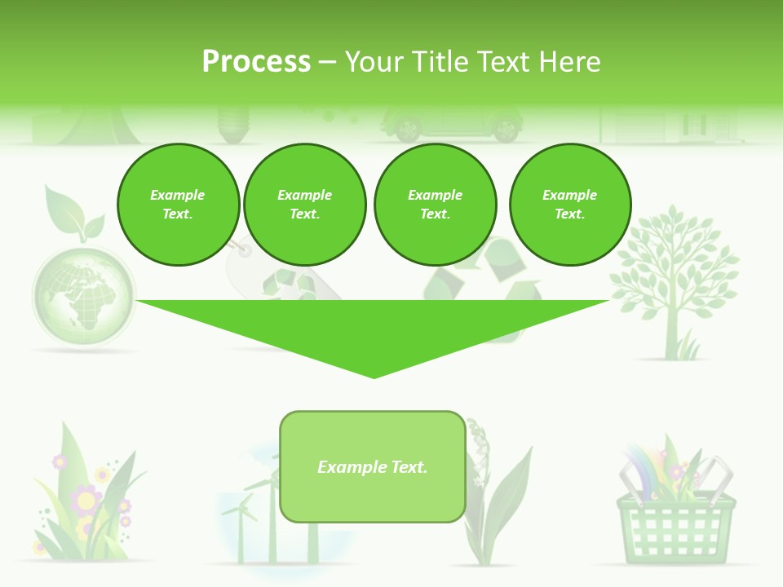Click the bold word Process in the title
pyautogui.click(x=256, y=62)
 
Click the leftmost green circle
pyautogui.click(x=178, y=205)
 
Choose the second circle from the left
pyautogui.click(x=304, y=205)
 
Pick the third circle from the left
pyautogui.click(x=435, y=205)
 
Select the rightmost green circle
pyautogui.click(x=570, y=205)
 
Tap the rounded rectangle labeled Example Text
pyautogui.click(x=373, y=466)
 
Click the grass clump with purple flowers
pyautogui.click(x=82, y=505)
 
